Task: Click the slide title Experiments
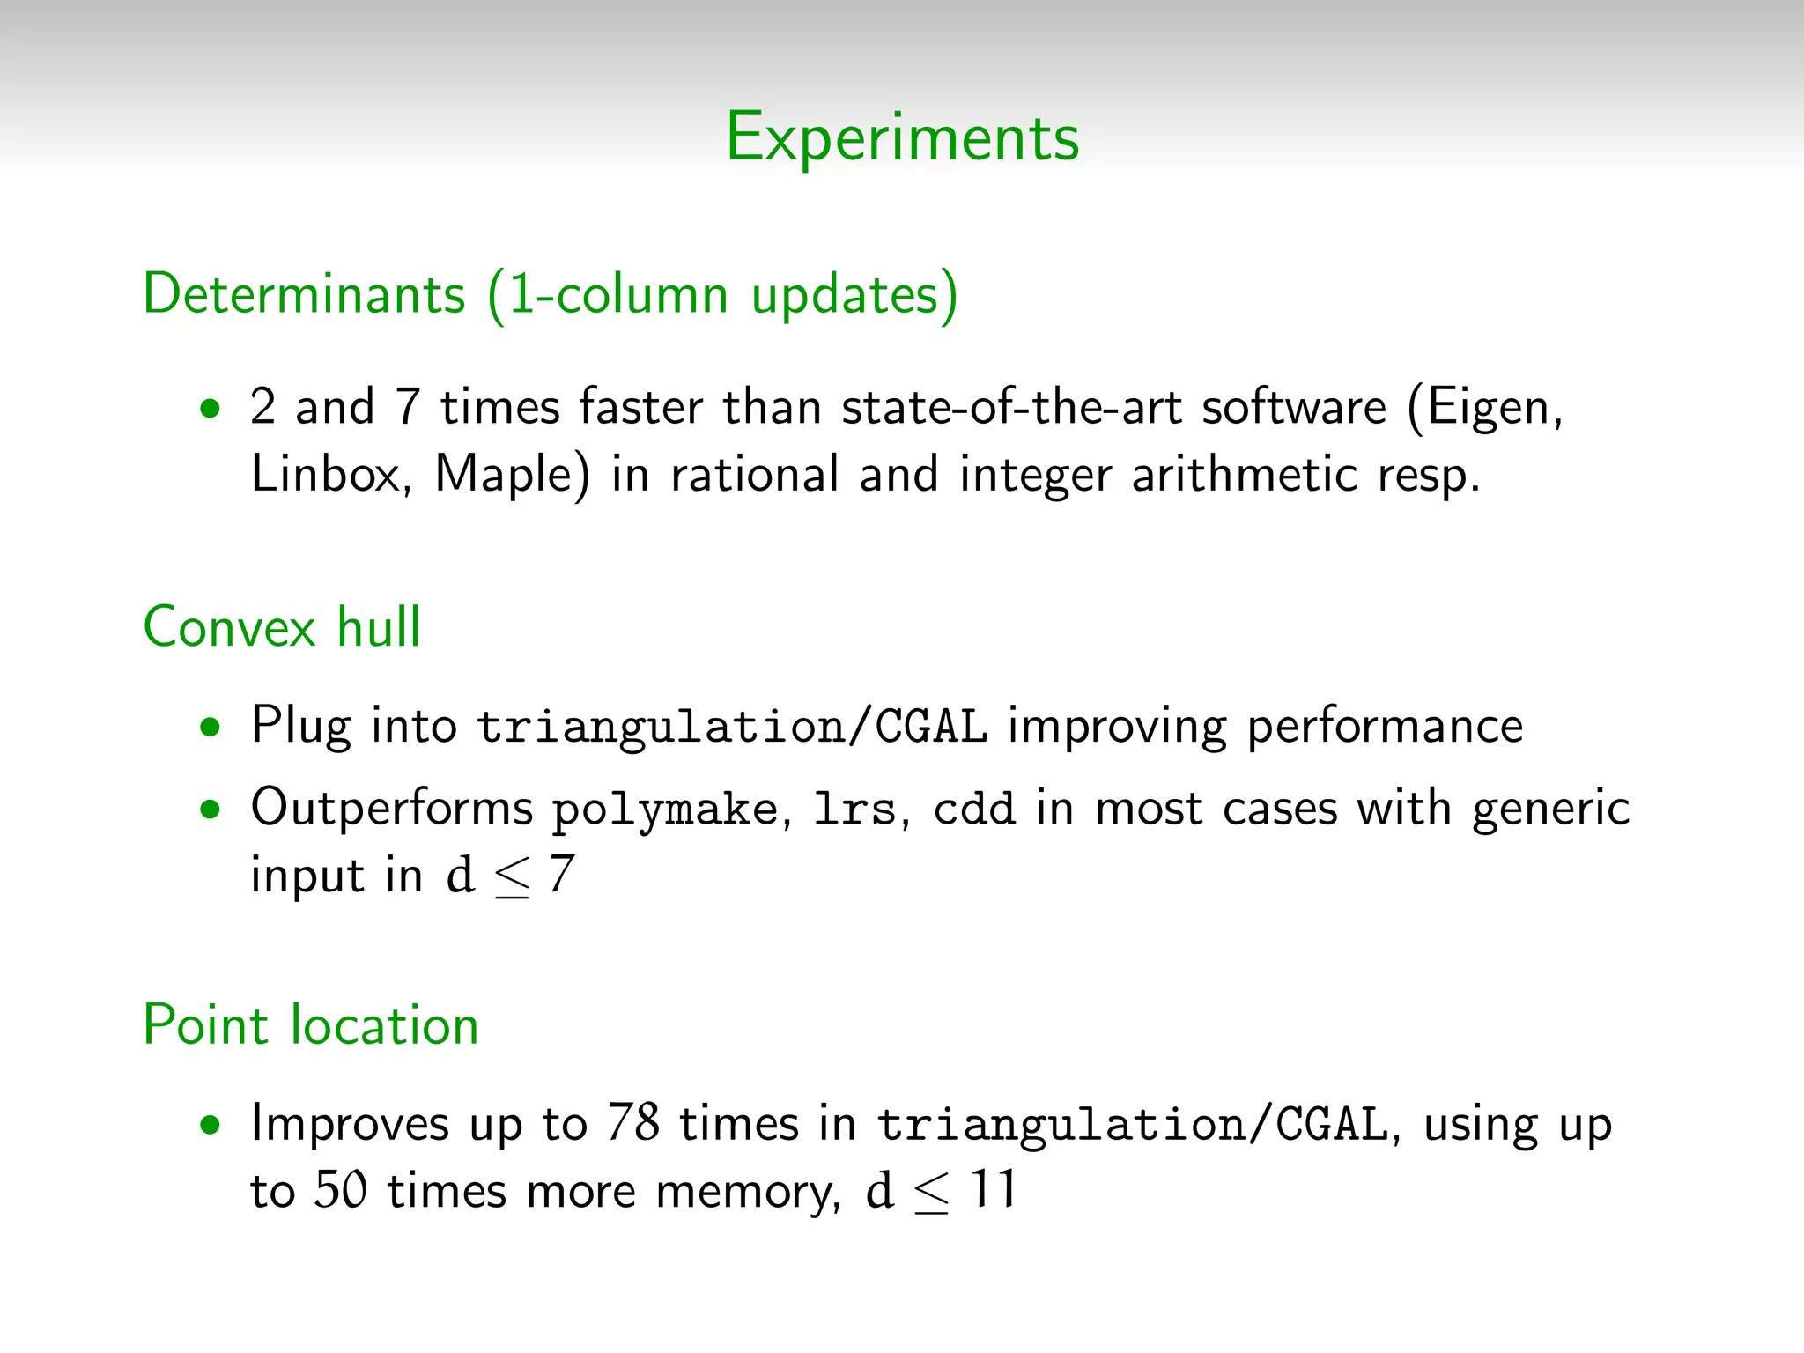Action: (x=902, y=138)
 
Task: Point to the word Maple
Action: (x=511, y=474)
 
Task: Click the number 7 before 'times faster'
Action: (x=407, y=408)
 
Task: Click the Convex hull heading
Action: (x=282, y=627)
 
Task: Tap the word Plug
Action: (x=300, y=728)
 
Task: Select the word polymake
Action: (x=665, y=810)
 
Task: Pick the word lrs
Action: (x=854, y=808)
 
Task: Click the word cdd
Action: (x=973, y=808)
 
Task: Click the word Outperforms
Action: (x=391, y=808)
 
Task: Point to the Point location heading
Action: (x=311, y=1025)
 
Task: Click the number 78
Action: (x=632, y=1124)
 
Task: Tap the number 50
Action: (x=341, y=1190)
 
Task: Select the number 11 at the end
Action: (x=993, y=1190)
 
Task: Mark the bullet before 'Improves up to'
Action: (x=210, y=1126)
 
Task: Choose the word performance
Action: (x=1385, y=728)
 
